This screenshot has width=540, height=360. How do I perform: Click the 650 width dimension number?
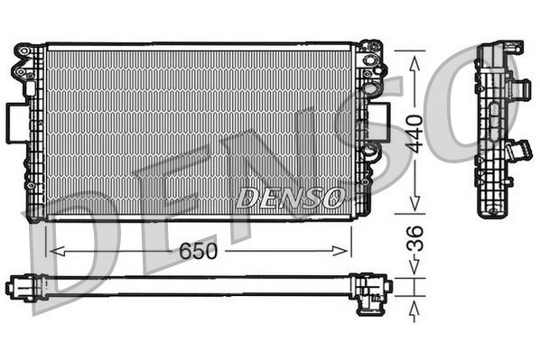tap(197, 251)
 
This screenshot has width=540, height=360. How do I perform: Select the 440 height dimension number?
tap(414, 133)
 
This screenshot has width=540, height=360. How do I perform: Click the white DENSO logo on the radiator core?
tap(290, 196)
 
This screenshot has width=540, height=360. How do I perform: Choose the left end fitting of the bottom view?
tap(20, 287)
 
